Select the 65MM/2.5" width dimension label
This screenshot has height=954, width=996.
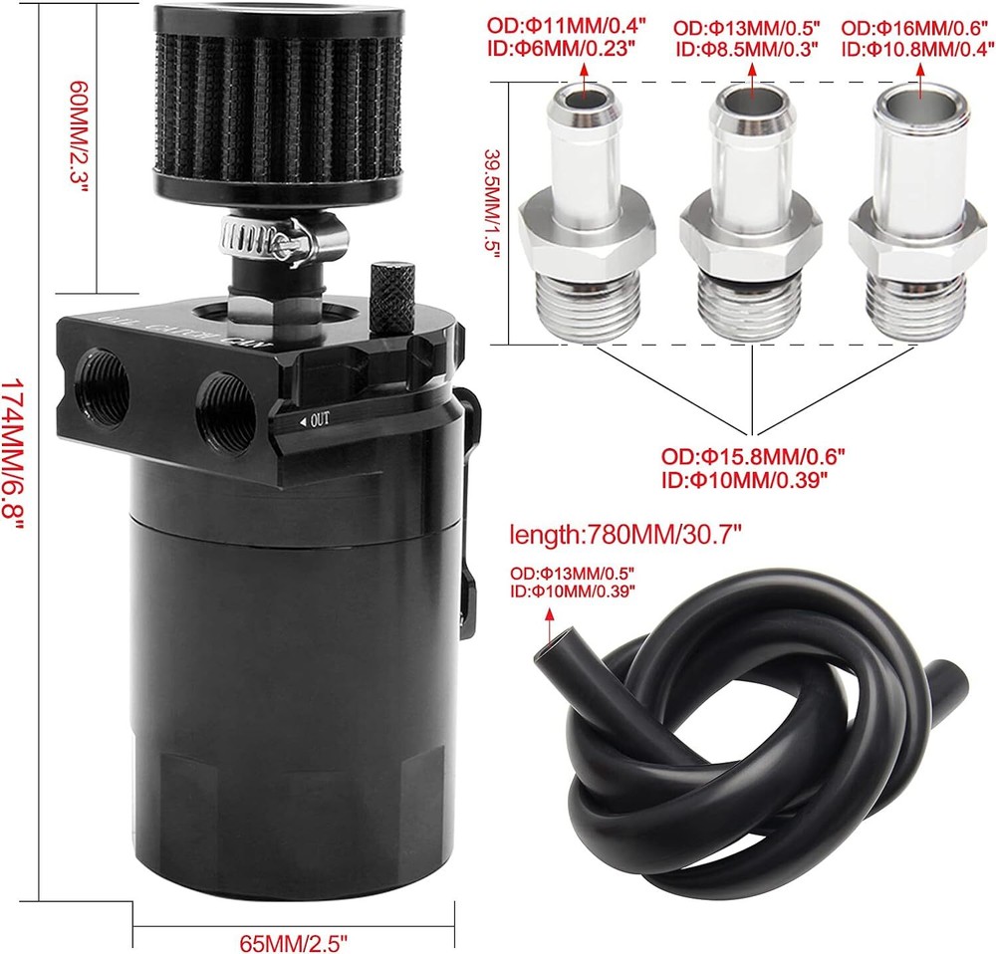point(294,941)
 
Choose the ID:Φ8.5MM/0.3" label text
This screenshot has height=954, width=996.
point(747,49)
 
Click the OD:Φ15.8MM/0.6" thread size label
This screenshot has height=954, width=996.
point(753,456)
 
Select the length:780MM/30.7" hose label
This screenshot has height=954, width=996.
point(625,536)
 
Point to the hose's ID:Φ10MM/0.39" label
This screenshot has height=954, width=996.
point(573,592)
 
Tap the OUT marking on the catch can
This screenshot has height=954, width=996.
point(315,420)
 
